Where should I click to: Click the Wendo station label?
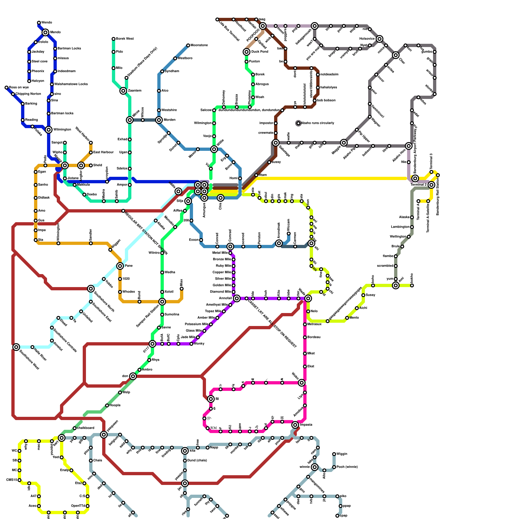pos(46,23)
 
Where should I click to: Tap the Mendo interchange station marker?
pos(46,32)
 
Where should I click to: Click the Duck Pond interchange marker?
pos(247,52)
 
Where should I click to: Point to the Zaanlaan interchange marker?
pos(123,91)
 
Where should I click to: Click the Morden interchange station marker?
pos(159,120)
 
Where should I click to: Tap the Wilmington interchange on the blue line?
pos(49,130)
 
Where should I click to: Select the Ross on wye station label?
pos(19,88)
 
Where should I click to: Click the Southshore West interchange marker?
pos(16,347)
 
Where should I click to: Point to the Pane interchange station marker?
pos(120,266)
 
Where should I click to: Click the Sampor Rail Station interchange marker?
pos(162,302)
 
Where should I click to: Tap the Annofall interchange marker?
pos(237,298)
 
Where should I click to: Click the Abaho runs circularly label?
pos(318,123)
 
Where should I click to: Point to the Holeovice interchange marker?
pos(380,39)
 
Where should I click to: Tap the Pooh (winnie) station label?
pos(347,467)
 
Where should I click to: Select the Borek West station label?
pos(125,39)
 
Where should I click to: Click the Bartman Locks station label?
pos(69,49)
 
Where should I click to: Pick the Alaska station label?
pos(404,217)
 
